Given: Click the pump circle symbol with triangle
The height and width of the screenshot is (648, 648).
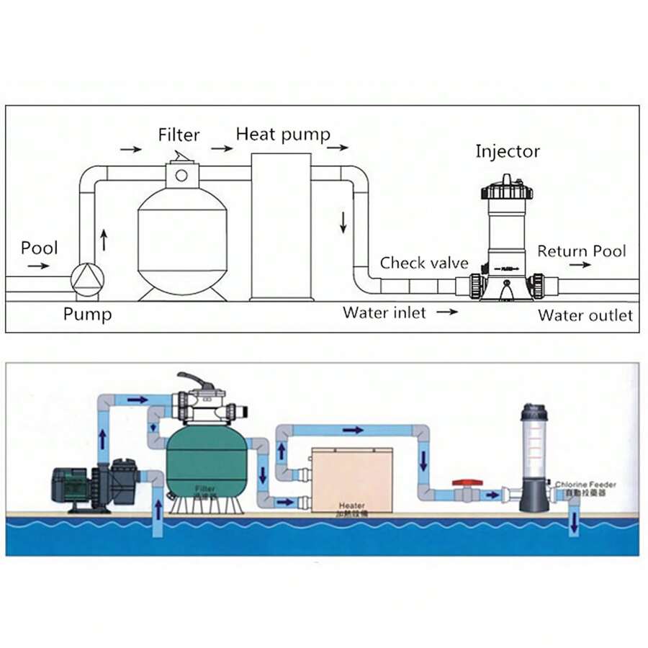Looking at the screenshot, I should (x=87, y=277).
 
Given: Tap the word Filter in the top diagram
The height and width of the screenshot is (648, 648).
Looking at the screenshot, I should (x=179, y=135).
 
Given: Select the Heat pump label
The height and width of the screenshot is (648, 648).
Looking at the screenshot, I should (x=283, y=134).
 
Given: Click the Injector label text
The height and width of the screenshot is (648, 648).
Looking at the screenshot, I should (x=507, y=151).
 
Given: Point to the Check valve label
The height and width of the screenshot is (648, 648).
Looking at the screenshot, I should (x=424, y=263).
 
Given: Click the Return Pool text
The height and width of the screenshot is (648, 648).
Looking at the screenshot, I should (x=581, y=251).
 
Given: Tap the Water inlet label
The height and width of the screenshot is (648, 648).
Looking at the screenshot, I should (x=384, y=312).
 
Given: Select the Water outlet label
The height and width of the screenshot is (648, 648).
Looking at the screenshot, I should (x=585, y=315).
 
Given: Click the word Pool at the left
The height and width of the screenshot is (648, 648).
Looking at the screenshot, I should (x=39, y=248).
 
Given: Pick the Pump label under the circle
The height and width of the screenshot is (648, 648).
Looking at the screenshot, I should (x=87, y=315).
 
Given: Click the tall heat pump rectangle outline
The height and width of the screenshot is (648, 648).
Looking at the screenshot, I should (x=281, y=226).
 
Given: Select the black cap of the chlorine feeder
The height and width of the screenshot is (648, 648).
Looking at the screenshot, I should (x=534, y=412).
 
